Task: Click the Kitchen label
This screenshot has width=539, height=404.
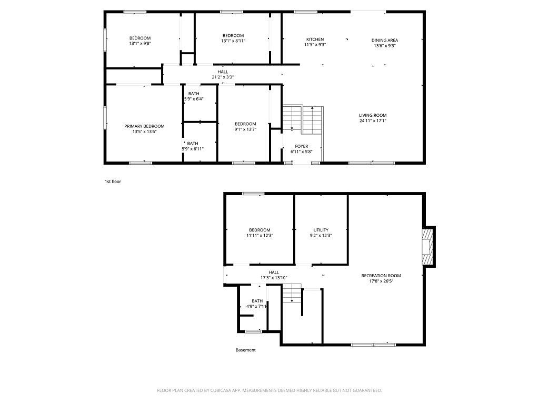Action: click(x=315, y=39)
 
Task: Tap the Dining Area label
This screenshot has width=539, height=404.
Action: click(x=385, y=40)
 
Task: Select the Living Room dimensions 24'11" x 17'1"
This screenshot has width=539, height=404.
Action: click(x=373, y=121)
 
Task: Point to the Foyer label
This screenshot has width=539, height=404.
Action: click(x=302, y=146)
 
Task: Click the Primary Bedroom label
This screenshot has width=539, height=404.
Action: click(x=144, y=126)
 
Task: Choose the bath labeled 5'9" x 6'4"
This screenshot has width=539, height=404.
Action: click(x=194, y=96)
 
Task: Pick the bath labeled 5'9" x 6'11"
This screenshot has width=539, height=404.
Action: click(x=193, y=146)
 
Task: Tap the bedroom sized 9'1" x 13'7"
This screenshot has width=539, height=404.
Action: click(x=245, y=127)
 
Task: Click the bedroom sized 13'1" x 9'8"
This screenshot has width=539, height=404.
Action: click(x=140, y=41)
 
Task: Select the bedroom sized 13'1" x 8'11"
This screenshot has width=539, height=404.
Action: click(x=233, y=38)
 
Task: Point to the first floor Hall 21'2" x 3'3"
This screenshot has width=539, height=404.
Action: click(x=223, y=75)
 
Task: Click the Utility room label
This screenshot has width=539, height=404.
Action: click(x=321, y=230)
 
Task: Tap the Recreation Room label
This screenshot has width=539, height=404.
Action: click(x=381, y=276)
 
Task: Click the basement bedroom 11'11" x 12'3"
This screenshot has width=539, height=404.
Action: click(x=259, y=233)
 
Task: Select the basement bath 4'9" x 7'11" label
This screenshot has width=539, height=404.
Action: click(x=257, y=304)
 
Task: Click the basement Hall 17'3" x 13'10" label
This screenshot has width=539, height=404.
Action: click(x=274, y=275)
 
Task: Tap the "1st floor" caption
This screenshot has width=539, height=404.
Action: click(x=113, y=181)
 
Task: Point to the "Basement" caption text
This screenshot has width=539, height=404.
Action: click(x=245, y=350)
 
